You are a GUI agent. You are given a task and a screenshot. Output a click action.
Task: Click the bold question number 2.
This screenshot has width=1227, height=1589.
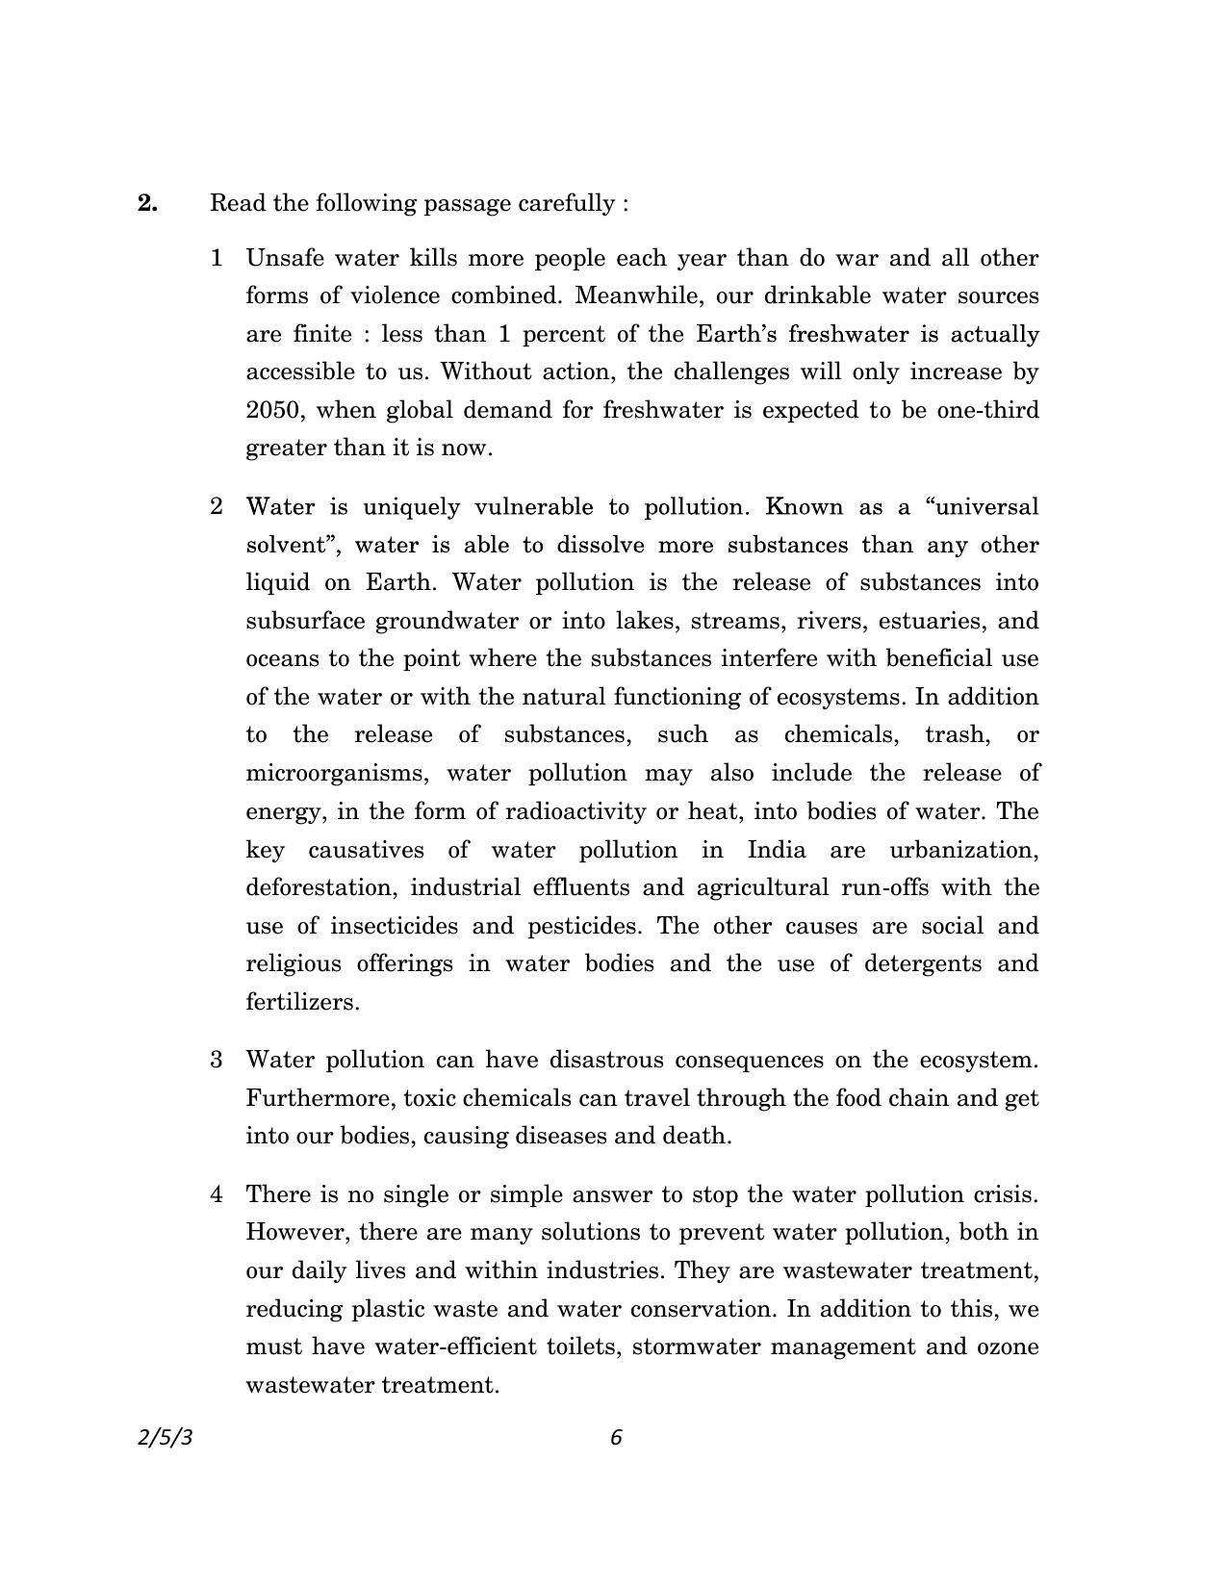(147, 203)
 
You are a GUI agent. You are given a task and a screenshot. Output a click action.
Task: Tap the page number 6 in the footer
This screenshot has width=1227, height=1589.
(617, 1437)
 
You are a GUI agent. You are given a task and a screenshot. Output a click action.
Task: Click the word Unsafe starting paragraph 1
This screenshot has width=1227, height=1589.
(286, 258)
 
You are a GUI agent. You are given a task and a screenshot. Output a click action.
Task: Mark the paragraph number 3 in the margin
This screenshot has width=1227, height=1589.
(217, 1060)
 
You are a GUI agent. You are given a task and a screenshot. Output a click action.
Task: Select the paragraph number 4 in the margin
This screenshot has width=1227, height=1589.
(217, 1194)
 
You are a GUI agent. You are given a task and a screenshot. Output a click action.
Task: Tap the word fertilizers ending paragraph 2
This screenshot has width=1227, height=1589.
(302, 1002)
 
